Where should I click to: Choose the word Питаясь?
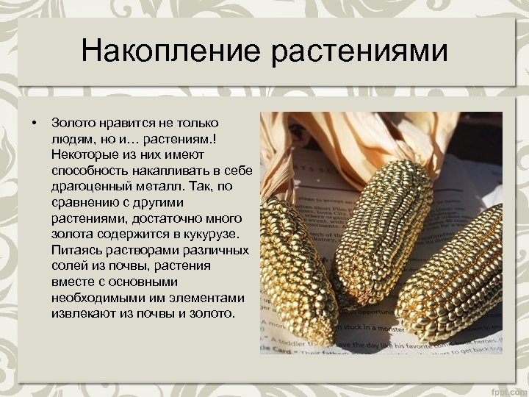coord(76,250)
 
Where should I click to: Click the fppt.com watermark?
coord(508,389)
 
